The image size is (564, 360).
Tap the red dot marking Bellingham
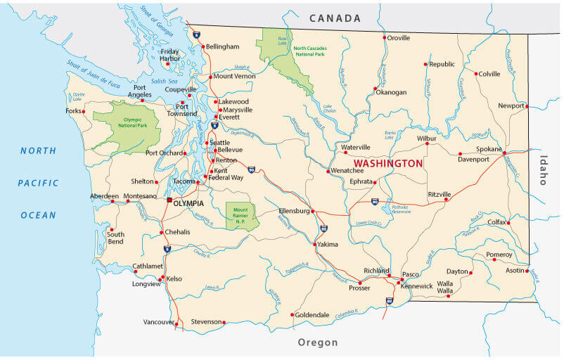[203, 47]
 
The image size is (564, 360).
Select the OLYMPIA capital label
[188, 203]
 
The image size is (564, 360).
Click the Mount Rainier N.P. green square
[241, 214]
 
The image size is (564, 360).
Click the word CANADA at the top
[335, 18]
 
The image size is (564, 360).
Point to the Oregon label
[318, 342]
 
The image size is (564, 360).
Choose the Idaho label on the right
[543, 169]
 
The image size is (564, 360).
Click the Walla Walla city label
[444, 286]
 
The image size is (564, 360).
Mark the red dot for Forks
[84, 111]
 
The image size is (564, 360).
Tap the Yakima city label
[328, 245]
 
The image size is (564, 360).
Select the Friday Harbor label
[169, 55]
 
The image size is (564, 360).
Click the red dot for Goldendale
[292, 315]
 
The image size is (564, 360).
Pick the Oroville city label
[399, 38]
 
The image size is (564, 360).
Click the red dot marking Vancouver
[177, 323]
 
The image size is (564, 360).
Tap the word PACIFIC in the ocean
[38, 183]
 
